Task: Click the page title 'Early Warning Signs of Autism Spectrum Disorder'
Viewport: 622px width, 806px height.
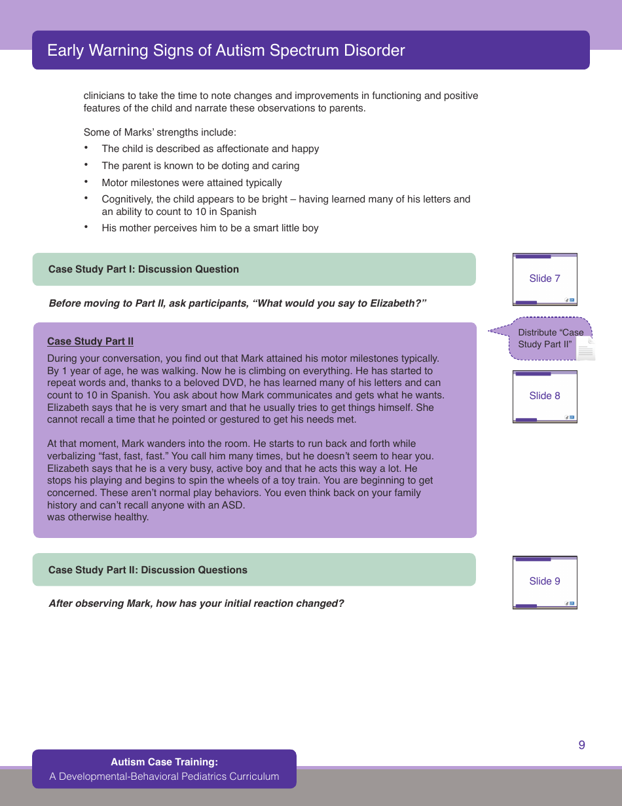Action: tap(226, 50)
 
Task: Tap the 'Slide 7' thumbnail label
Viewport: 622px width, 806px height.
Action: tap(544, 278)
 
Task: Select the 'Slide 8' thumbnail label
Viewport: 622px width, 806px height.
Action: tap(544, 396)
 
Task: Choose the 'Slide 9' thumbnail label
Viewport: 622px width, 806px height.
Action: tap(544, 581)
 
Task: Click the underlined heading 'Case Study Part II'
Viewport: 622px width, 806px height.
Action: tap(90, 341)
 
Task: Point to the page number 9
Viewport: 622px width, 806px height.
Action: tap(581, 745)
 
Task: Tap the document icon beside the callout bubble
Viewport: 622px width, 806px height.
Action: tap(586, 351)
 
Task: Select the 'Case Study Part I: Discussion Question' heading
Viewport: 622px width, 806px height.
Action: tap(143, 269)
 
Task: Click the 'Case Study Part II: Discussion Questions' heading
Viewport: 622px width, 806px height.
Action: tap(148, 570)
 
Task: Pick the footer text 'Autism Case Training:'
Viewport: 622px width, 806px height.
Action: tap(164, 762)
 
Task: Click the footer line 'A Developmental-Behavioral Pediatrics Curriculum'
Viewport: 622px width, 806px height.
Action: tap(164, 777)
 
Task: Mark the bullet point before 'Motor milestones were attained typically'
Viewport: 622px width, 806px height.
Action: tap(86, 182)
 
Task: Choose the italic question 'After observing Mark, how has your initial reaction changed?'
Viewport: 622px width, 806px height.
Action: tap(196, 604)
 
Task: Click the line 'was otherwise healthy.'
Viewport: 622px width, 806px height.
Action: tap(98, 517)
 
